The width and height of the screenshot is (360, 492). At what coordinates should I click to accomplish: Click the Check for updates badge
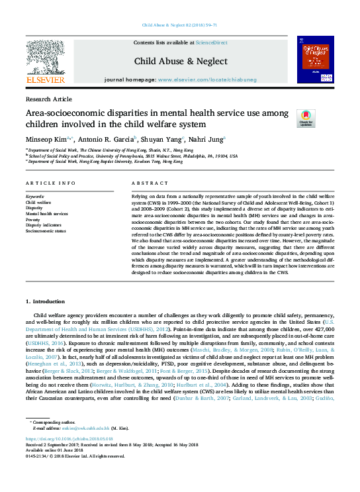(306, 118)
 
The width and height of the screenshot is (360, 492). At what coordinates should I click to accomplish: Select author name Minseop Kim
(45, 140)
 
